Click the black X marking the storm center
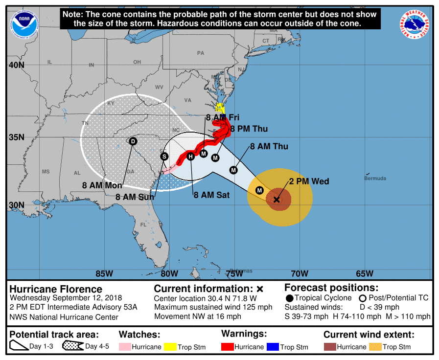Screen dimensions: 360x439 pyautogui.click(x=277, y=200)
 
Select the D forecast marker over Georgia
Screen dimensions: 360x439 pyautogui.click(x=133, y=141)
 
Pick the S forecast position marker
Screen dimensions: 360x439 pyautogui.click(x=164, y=156)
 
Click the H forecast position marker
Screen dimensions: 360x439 pyautogui.click(x=191, y=157)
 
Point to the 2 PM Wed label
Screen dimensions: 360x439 pyautogui.click(x=309, y=181)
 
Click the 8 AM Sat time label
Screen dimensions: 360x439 pyautogui.click(x=211, y=195)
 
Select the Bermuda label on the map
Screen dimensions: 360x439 pyautogui.click(x=375, y=178)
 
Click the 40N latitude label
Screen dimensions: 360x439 pyautogui.click(x=16, y=65)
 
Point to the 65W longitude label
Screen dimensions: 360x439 pyautogui.click(x=365, y=273)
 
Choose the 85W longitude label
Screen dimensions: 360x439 pyautogui.click(x=104, y=273)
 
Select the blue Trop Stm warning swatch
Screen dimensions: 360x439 pyautogui.click(x=272, y=347)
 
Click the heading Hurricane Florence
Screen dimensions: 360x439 pyautogui.click(x=56, y=289)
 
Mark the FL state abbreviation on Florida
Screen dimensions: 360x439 pyautogui.click(x=143, y=225)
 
